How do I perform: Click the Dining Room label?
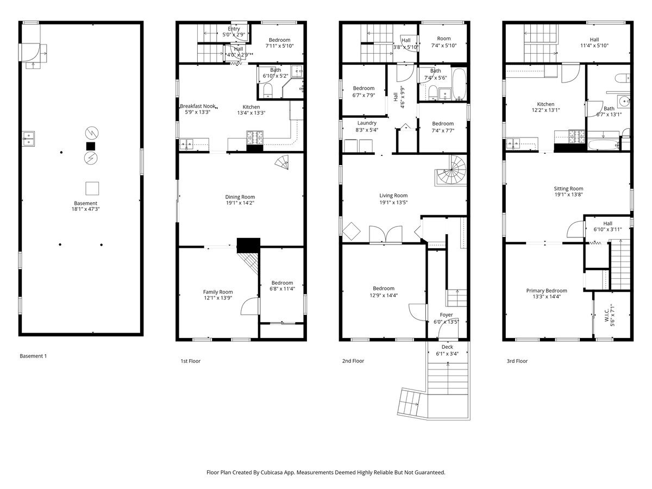point(240,197)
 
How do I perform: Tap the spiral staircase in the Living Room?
point(450,171)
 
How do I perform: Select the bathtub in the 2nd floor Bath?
point(459,84)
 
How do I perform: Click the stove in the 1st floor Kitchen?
point(255,138)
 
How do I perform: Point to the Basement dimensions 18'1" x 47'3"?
point(85,209)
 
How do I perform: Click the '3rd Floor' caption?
point(517,361)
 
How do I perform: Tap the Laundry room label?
point(367,123)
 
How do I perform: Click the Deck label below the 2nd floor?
point(447,347)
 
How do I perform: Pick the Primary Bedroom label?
point(547,291)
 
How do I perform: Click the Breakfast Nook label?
point(198,106)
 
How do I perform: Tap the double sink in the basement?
point(29,139)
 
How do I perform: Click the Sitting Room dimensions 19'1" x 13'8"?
point(568,195)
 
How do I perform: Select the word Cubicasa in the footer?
point(272,472)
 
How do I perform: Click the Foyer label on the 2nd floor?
point(446,315)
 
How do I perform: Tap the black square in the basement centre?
point(91,146)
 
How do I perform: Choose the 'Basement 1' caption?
point(33,356)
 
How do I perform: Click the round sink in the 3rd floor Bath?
point(624,102)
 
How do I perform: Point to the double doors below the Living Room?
point(386,235)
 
